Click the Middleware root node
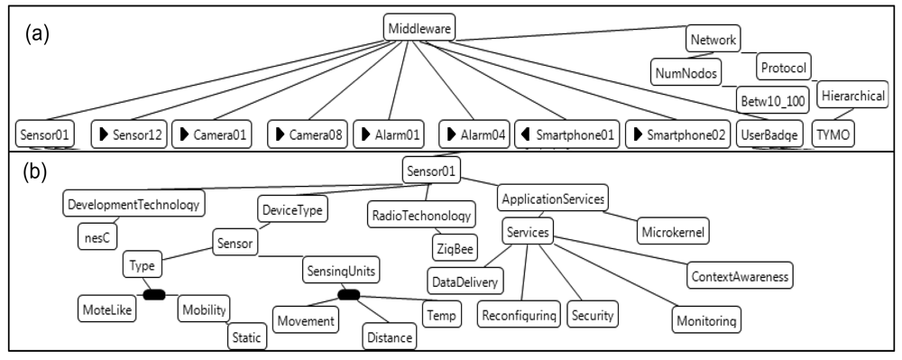click(x=418, y=27)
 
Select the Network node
click(x=713, y=40)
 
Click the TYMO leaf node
click(x=832, y=134)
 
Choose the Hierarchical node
click(x=853, y=95)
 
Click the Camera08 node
click(x=307, y=134)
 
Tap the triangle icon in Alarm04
click(x=451, y=134)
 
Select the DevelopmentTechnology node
click(x=134, y=203)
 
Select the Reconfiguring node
click(x=520, y=316)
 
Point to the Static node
click(x=245, y=338)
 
